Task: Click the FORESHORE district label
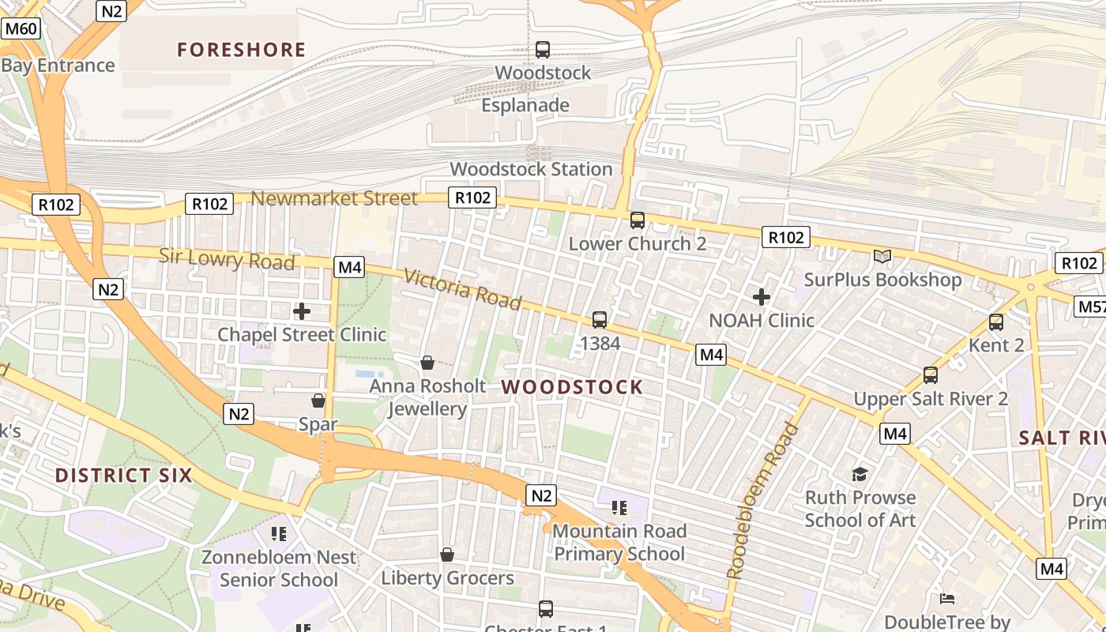tap(241, 50)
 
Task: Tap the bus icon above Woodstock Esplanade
tap(543, 49)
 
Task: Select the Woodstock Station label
tap(531, 169)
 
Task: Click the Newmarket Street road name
tap(334, 198)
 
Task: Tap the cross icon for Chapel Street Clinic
tap(302, 310)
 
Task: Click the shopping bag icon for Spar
tap(318, 401)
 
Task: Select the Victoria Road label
tap(463, 289)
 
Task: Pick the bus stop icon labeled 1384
tap(600, 319)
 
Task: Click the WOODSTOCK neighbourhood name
tap(572, 387)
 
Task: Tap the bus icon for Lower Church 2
tap(638, 220)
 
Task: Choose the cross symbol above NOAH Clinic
tap(762, 297)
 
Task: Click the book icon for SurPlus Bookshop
tap(882, 256)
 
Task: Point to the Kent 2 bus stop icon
tap(996, 322)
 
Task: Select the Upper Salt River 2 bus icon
tap(931, 374)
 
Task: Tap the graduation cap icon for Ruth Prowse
tap(860, 473)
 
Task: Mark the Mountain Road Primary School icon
tap(619, 507)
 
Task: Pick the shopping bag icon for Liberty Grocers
tap(447, 555)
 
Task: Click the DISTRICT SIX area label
tap(124, 476)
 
